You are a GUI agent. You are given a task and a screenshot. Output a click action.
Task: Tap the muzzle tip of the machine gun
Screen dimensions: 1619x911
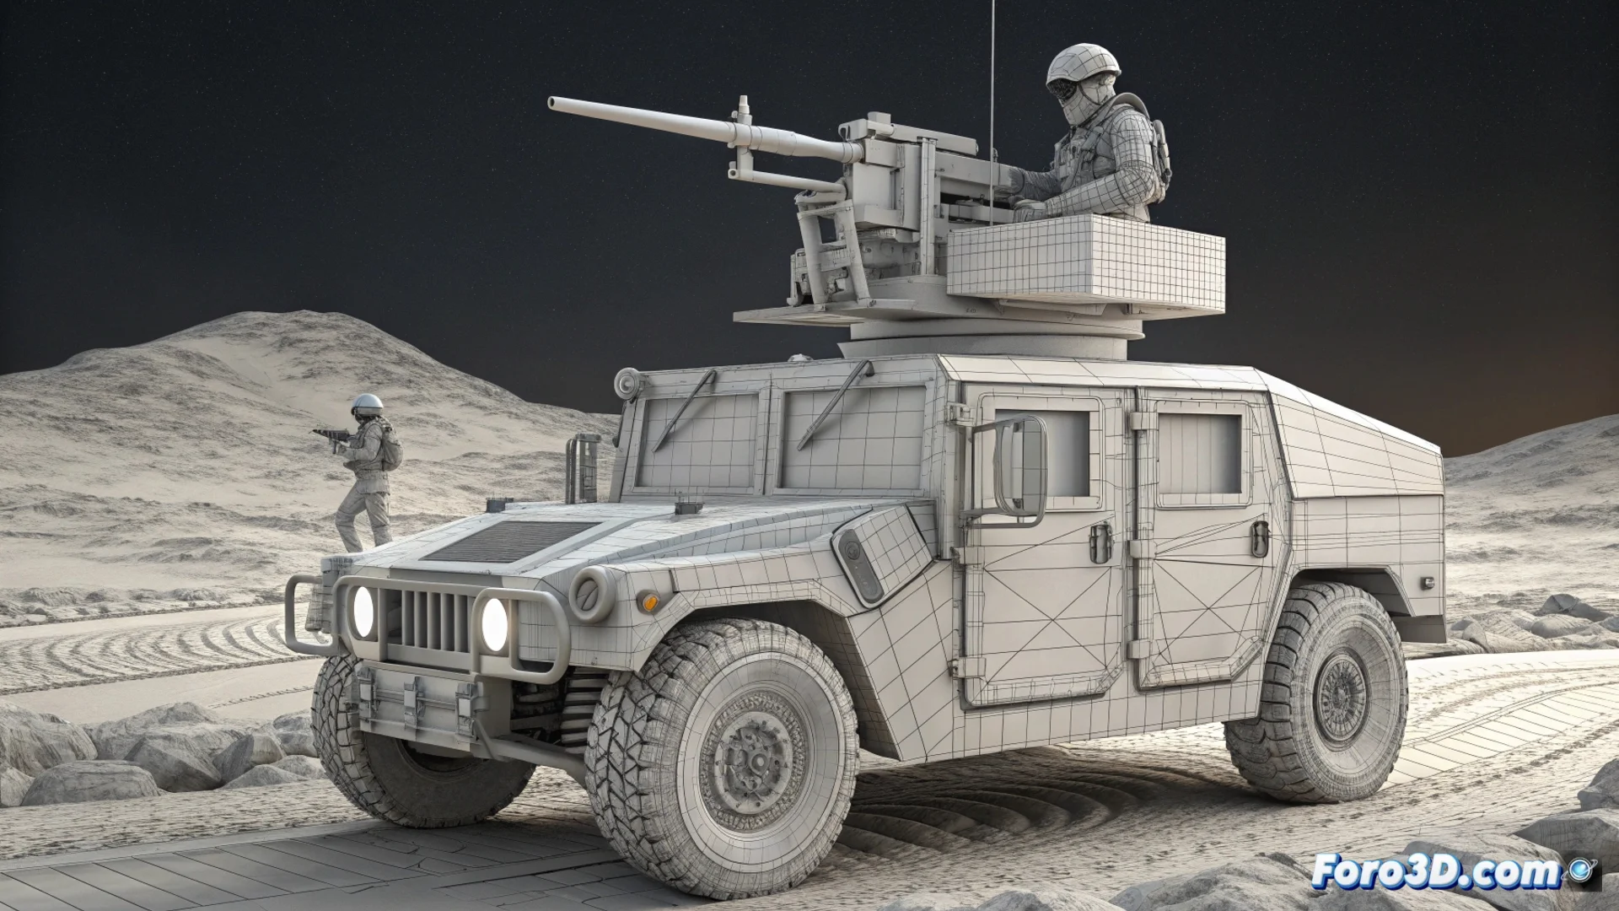coord(551,103)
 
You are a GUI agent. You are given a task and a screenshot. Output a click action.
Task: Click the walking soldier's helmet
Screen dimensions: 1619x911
coord(367,404)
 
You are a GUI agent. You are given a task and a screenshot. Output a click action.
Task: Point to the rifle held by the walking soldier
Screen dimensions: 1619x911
coord(332,437)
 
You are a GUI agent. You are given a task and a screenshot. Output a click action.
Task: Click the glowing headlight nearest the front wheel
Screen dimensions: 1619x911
coord(495,623)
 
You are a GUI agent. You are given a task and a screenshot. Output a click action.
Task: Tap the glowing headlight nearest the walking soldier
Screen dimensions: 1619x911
coord(363,611)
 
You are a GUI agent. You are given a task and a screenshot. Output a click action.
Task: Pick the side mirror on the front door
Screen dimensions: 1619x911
coord(1022,467)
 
